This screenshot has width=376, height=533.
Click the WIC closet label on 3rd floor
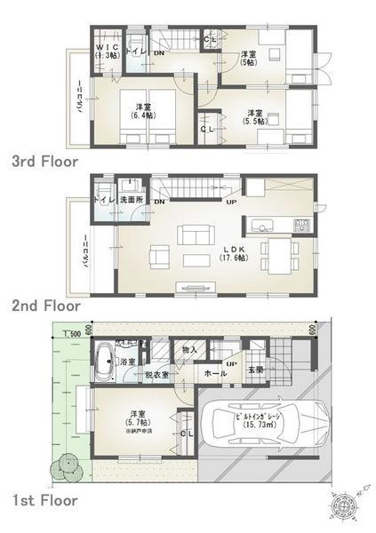click(107, 50)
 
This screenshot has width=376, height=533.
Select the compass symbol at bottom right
click(341, 504)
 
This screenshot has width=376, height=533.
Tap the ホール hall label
click(213, 374)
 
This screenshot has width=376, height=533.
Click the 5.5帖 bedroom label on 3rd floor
click(255, 118)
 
